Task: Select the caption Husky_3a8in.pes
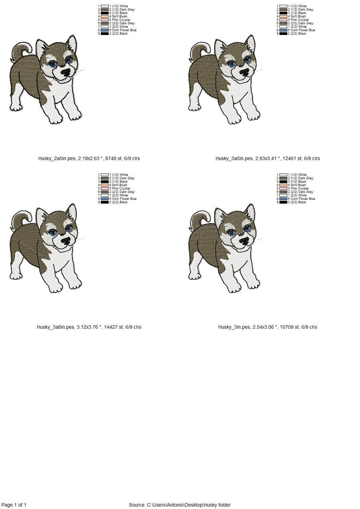tap(56, 327)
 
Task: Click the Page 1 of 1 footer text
tap(14, 505)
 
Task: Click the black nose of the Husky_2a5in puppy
tap(66, 72)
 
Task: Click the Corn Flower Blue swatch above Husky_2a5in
tap(105, 30)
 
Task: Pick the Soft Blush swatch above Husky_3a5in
tap(283, 16)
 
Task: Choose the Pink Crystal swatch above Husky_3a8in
tap(105, 189)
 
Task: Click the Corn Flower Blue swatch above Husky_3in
tap(283, 199)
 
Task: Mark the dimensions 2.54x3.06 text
tap(265, 327)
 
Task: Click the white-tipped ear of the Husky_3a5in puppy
tap(250, 43)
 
